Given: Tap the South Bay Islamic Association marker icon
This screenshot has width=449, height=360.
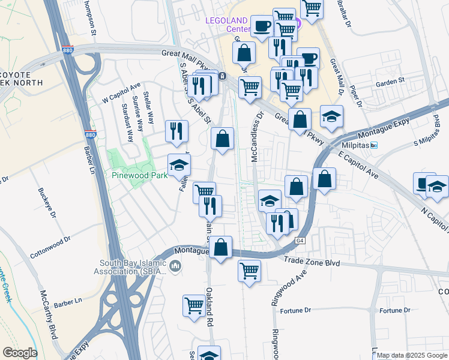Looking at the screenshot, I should click(x=175, y=266).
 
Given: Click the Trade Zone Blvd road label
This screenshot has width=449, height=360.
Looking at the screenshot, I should click(x=312, y=263).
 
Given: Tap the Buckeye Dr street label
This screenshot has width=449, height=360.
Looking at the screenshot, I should click(x=47, y=205).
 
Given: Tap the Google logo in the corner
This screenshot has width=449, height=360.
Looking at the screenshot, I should click(x=20, y=353).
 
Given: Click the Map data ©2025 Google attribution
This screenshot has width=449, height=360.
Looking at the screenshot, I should click(x=412, y=356).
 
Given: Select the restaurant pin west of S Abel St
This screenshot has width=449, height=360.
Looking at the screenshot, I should click(x=177, y=130).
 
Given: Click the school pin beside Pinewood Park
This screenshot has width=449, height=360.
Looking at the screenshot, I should click(x=178, y=164).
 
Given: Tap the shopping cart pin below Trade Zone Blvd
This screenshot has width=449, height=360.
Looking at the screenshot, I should click(x=249, y=270).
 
